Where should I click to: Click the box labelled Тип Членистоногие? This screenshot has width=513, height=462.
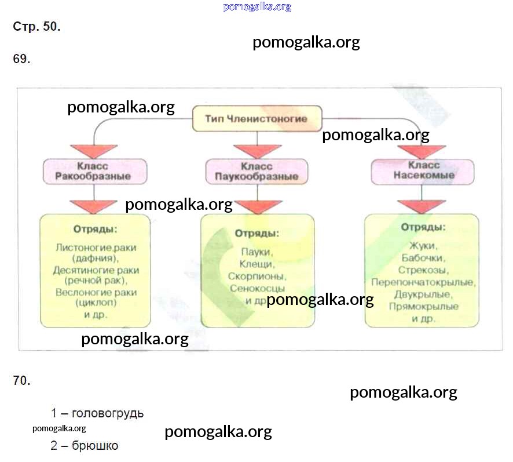point(256,119)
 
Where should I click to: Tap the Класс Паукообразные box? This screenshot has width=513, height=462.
point(256,171)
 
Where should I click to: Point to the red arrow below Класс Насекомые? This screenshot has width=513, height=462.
point(422,205)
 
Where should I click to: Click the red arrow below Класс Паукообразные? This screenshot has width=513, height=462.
point(257,206)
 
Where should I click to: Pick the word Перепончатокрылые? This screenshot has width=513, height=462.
point(423,282)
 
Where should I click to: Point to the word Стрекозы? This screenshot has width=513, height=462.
point(422,270)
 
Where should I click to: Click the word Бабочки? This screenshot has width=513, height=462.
point(422,257)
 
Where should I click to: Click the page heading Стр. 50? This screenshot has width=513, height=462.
point(36,27)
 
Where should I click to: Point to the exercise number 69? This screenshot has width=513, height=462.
point(21,59)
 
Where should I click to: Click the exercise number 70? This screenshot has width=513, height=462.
point(21,381)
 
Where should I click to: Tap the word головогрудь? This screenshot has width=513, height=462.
point(108,414)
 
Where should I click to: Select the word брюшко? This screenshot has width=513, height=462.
point(96,446)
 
